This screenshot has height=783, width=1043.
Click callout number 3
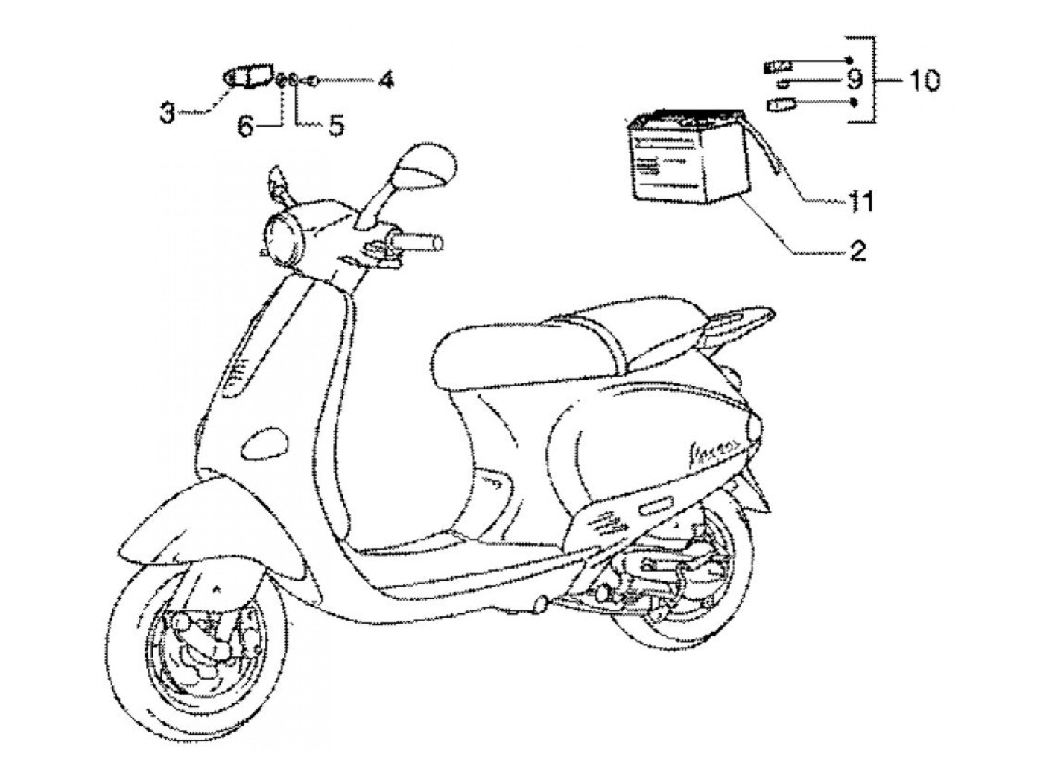point(168,114)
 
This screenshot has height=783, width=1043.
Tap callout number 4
point(384,79)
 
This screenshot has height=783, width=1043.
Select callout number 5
point(336,126)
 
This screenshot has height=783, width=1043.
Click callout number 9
point(854,78)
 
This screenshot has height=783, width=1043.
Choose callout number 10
point(922,80)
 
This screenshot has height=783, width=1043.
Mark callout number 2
point(857,251)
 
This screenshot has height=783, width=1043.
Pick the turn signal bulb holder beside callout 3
point(250,77)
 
